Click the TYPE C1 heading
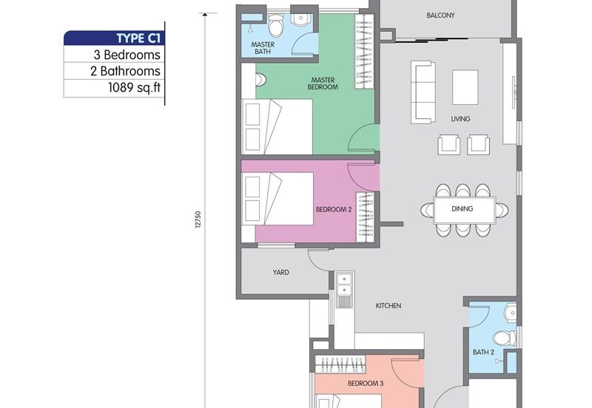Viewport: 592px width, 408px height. tap(138, 38)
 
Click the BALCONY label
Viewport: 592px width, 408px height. tap(440, 16)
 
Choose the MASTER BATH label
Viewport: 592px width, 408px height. tap(263, 48)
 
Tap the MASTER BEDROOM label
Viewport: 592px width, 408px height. tap(323, 84)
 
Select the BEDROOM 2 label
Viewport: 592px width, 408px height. tap(334, 210)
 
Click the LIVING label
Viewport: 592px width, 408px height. tap(460, 119)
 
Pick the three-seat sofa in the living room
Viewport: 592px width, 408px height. tap(423, 92)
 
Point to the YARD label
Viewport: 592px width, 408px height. tap(281, 273)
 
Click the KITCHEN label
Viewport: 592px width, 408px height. tap(388, 305)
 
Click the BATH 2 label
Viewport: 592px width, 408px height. tap(483, 353)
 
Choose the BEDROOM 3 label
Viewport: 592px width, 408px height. tap(366, 384)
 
